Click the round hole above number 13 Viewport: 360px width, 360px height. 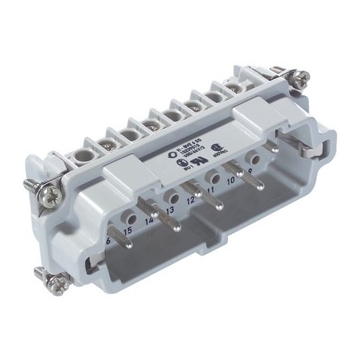click(170, 196)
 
